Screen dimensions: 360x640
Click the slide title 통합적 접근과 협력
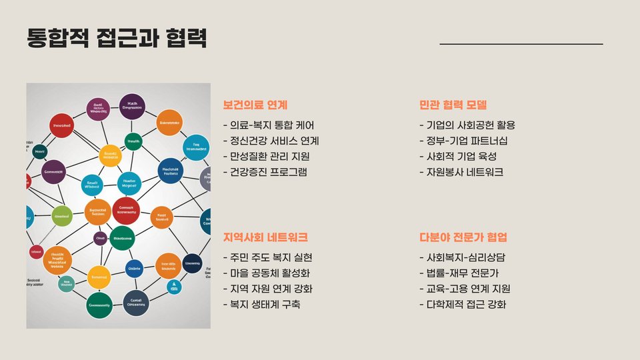pos(117,38)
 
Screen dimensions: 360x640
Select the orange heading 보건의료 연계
pos(255,105)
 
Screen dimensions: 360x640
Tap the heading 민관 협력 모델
pos(453,105)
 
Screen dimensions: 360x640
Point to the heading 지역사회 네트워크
pos(265,237)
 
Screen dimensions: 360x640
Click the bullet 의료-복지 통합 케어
pos(269,125)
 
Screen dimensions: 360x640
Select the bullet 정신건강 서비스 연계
pos(271,141)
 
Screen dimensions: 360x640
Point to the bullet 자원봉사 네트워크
pos(461,173)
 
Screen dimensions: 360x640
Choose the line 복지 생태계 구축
pos(262,305)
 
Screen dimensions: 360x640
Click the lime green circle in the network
pos(62,216)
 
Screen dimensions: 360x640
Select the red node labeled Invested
pos(61,125)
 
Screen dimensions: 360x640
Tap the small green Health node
pos(133,141)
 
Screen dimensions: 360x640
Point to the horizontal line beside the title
pos(521,44)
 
